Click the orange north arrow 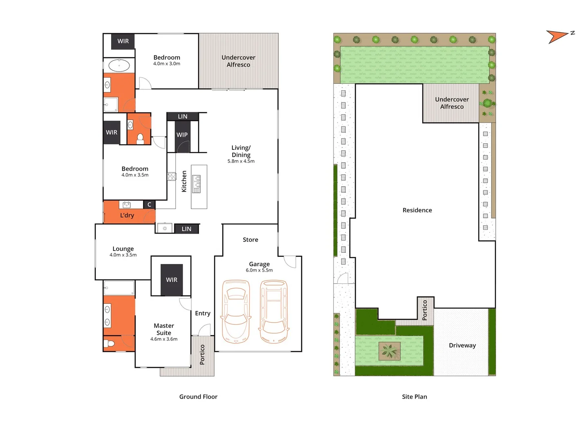(557, 36)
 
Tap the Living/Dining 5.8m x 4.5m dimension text (241, 161)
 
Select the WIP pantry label (182, 135)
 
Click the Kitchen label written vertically (184, 181)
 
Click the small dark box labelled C (149, 205)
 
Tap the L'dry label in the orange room (127, 215)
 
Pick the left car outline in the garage (235, 311)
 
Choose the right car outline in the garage (274, 311)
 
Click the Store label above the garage (250, 240)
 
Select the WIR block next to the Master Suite (171, 280)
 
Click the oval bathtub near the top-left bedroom (119, 65)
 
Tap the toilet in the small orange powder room (140, 139)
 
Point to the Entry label (202, 313)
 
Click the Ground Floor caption (198, 396)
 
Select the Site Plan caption (414, 396)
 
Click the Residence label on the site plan (417, 210)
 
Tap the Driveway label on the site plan (462, 345)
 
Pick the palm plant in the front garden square (389, 351)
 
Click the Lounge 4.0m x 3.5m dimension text (123, 255)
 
